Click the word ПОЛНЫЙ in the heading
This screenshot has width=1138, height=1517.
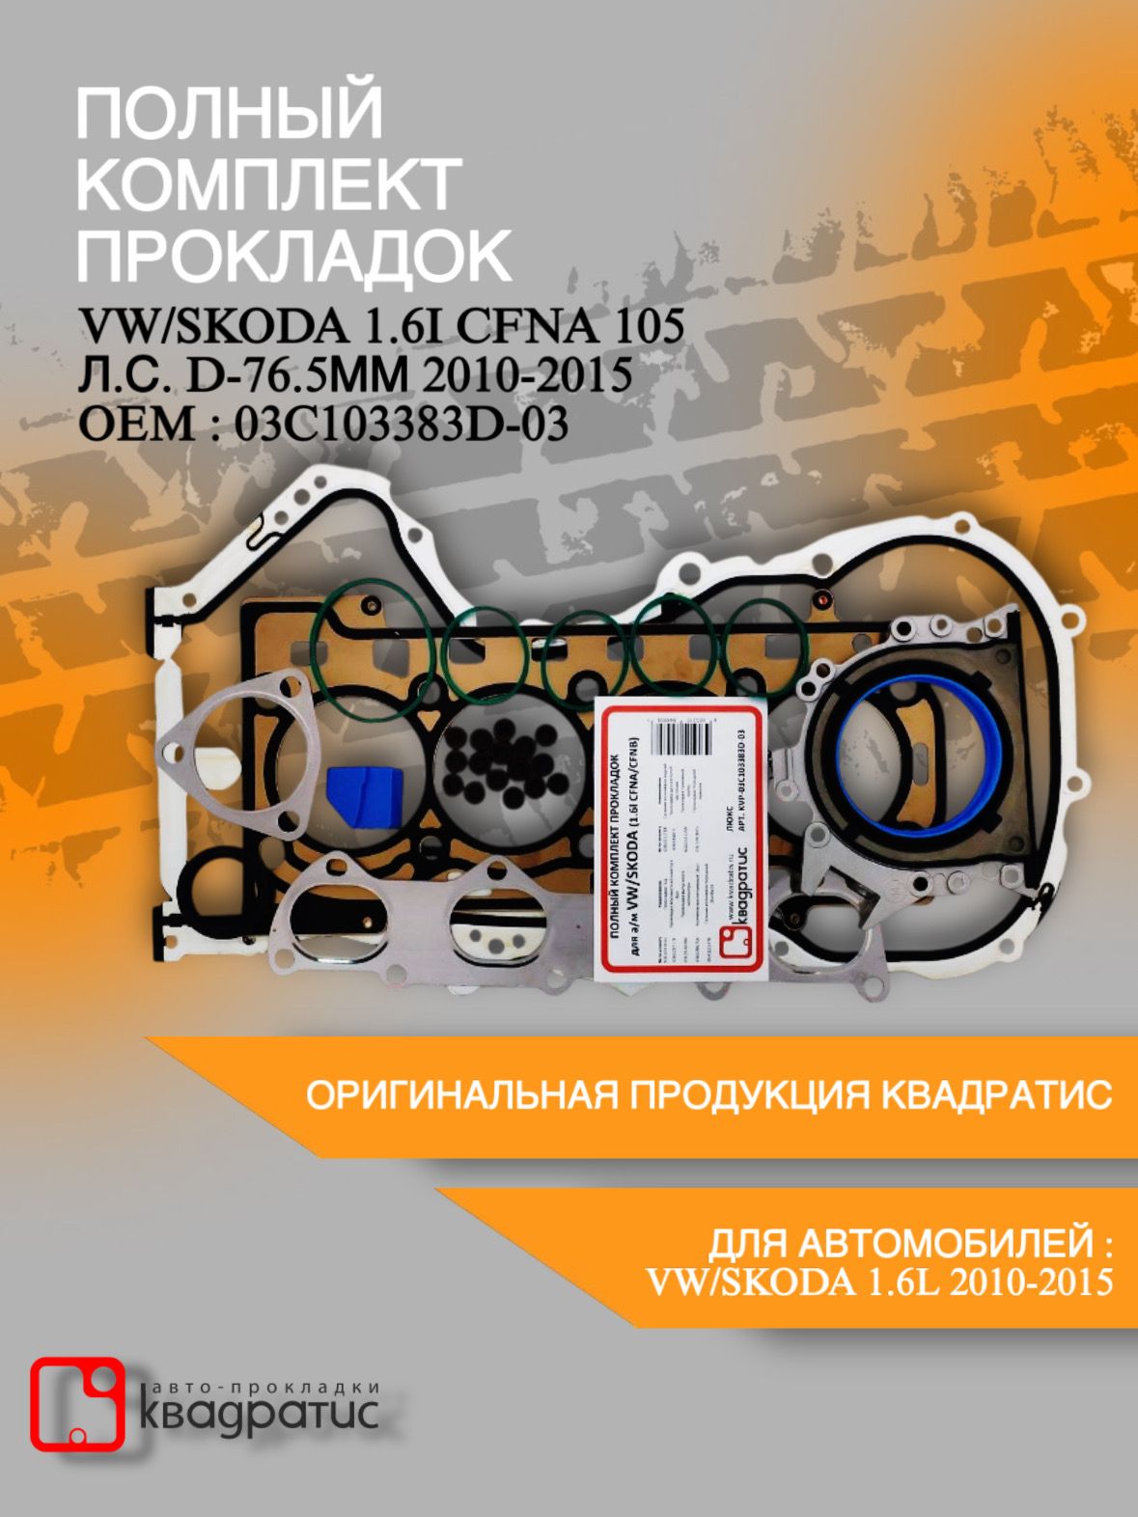point(230,114)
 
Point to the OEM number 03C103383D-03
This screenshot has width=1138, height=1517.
point(402,424)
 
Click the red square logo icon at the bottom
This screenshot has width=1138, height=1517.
point(77,1404)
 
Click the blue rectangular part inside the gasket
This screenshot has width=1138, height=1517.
point(364,797)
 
